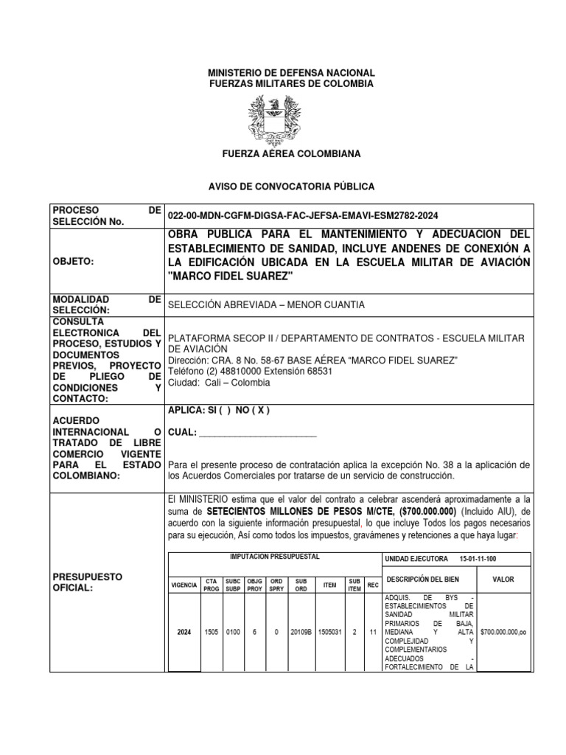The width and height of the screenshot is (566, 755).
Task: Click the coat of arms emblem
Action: click(282, 119)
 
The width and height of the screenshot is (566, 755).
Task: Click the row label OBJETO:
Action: click(74, 261)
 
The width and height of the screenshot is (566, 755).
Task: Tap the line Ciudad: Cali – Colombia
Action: click(219, 383)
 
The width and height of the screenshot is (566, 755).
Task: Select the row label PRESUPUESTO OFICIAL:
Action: click(85, 581)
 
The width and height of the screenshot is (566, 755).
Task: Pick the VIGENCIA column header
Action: click(184, 585)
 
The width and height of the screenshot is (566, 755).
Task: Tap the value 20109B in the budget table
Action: click(300, 633)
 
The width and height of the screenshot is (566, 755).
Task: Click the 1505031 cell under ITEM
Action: click(329, 633)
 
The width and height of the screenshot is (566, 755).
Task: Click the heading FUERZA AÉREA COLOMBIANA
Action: click(282, 154)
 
